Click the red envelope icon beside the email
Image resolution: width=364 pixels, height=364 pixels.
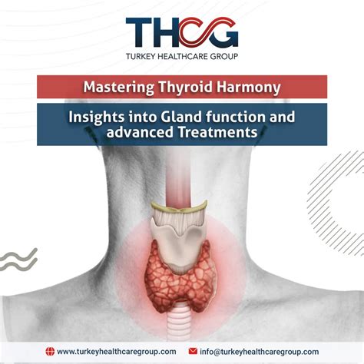click(x=193, y=351)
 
